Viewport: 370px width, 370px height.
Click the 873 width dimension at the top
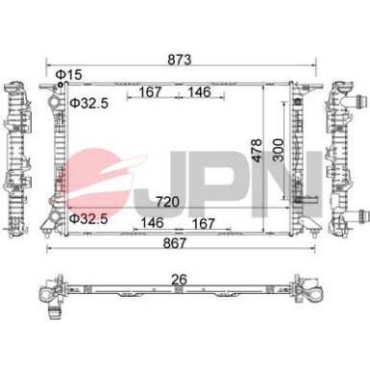pyautogui.click(x=181, y=60)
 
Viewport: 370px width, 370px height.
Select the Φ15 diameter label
pyautogui.click(x=69, y=74)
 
